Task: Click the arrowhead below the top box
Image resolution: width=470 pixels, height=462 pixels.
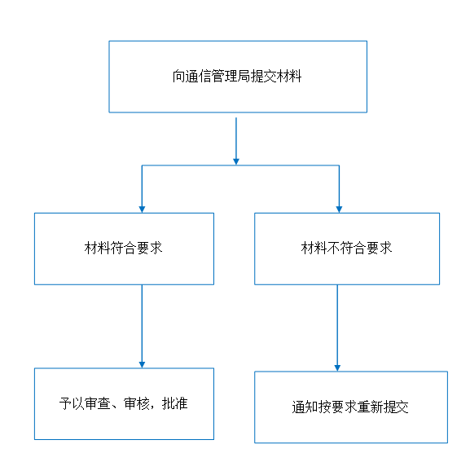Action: [236, 161]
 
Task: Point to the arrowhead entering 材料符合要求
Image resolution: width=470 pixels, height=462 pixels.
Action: [142, 209]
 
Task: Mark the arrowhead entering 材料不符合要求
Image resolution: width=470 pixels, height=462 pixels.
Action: [339, 209]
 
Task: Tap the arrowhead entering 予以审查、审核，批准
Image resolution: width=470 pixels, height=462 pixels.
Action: [142, 364]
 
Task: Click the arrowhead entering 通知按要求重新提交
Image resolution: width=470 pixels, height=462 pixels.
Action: [337, 367]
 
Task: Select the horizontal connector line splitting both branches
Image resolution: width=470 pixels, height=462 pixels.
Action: [240, 165]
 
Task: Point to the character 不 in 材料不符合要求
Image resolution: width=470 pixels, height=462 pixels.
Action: [333, 249]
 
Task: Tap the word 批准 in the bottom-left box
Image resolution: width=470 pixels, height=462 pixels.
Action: [175, 403]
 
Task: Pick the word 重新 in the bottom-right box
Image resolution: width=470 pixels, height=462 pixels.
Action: [370, 407]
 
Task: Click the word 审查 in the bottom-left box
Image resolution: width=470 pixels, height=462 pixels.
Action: [98, 403]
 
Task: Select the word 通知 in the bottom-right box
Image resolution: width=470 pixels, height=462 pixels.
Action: [305, 407]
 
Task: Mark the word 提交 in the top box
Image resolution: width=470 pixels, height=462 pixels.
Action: [263, 76]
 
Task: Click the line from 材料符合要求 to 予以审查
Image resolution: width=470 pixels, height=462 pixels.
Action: [142, 326]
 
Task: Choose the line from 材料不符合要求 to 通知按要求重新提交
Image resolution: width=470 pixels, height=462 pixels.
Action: [337, 328]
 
